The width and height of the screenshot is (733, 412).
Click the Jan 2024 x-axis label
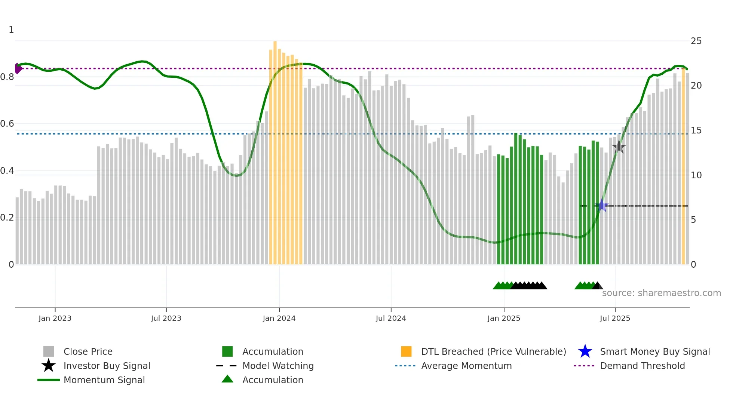pos(279,318)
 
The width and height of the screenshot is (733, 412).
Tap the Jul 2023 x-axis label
pos(166,318)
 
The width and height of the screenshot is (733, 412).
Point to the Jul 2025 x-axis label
pos(615,318)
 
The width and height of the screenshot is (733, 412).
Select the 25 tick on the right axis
pos(696,41)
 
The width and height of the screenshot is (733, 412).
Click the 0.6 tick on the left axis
pos(7,124)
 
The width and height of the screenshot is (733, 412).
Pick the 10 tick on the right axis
pos(696,175)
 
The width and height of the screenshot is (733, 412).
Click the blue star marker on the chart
pos(602,205)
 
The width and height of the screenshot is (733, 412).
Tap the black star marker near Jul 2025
pos(619,147)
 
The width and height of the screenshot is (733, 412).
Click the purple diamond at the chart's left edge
pos(18,68)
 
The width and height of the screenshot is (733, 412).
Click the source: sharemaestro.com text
pos(661,293)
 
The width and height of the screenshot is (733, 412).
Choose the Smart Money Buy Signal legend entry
pos(654,352)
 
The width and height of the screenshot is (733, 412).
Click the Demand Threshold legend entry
pos(642,366)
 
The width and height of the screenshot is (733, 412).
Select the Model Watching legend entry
pos(278,366)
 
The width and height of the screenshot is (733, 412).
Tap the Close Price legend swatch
pos(49,352)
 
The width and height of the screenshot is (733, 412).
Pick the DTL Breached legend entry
pos(493,352)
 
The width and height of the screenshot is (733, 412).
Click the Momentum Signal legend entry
pos(104,380)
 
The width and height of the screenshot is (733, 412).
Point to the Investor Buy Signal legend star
pos(49,366)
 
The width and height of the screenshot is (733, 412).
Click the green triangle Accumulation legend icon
pos(227,379)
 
